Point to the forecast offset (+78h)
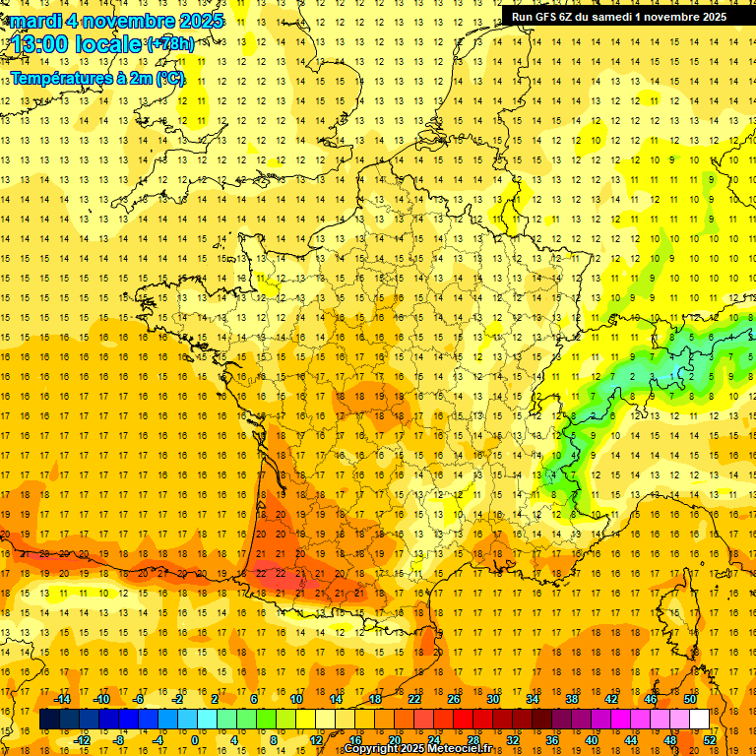click(169, 43)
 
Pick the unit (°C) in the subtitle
click(169, 78)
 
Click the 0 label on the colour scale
click(194, 740)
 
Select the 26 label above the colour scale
click(454, 699)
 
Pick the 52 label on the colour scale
click(710, 740)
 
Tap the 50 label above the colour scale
click(690, 699)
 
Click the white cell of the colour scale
click(700, 720)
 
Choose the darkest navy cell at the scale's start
click(50, 720)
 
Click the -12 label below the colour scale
click(82, 740)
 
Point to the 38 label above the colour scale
click(572, 699)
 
